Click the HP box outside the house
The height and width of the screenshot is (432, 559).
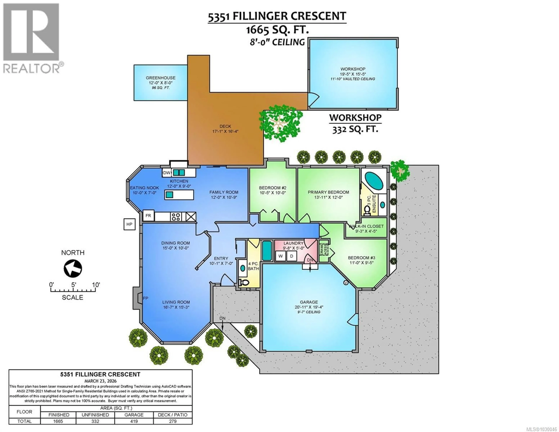129,224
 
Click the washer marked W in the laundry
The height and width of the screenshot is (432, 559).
281,256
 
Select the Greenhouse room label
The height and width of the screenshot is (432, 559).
160,78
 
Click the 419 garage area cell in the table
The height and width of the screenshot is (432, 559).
134,421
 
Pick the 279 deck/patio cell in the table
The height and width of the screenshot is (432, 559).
173,421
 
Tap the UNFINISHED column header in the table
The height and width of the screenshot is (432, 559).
95,415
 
